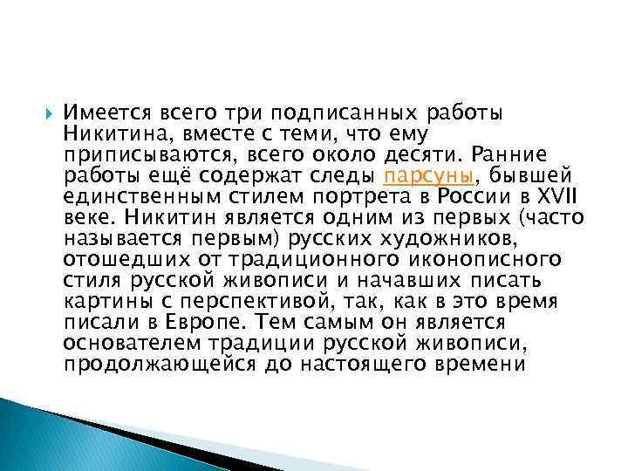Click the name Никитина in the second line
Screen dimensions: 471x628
(106, 133)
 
